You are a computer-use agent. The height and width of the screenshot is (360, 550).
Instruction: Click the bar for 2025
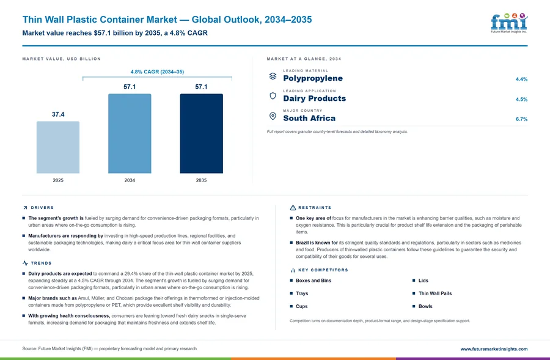click(x=58, y=147)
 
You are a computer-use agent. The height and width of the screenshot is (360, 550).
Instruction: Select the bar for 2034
click(x=130, y=133)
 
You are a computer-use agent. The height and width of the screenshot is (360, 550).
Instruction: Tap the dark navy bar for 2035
click(x=201, y=133)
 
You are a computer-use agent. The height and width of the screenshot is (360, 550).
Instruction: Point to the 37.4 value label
click(x=58, y=114)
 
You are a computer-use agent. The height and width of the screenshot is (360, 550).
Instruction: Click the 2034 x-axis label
click(x=130, y=180)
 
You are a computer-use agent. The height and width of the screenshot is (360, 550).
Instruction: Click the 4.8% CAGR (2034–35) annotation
click(x=157, y=72)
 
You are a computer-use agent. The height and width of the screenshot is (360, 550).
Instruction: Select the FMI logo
click(x=509, y=23)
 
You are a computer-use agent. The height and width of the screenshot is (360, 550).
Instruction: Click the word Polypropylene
click(x=313, y=78)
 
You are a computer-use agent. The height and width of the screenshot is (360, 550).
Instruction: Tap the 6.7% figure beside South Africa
click(x=522, y=119)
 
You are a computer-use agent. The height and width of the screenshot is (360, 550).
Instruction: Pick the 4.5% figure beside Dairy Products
click(x=522, y=99)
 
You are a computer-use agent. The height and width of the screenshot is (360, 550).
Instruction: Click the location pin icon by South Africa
click(x=273, y=116)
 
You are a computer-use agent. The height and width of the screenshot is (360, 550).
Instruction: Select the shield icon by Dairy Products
click(x=273, y=96)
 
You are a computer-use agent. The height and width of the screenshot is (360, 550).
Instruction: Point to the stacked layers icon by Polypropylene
click(x=273, y=76)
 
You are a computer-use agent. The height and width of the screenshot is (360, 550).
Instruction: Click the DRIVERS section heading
click(x=42, y=208)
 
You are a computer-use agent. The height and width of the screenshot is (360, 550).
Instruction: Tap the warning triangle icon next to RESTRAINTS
click(x=293, y=208)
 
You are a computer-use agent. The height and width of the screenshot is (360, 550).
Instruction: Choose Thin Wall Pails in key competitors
click(x=435, y=293)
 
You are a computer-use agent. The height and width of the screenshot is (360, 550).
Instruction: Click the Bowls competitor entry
click(x=425, y=306)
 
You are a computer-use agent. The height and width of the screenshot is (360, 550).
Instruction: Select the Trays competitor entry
click(x=302, y=293)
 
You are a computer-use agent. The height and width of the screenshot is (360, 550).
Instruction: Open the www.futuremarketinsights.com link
click(x=494, y=349)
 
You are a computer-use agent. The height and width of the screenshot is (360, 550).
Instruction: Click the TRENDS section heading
click(x=41, y=263)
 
